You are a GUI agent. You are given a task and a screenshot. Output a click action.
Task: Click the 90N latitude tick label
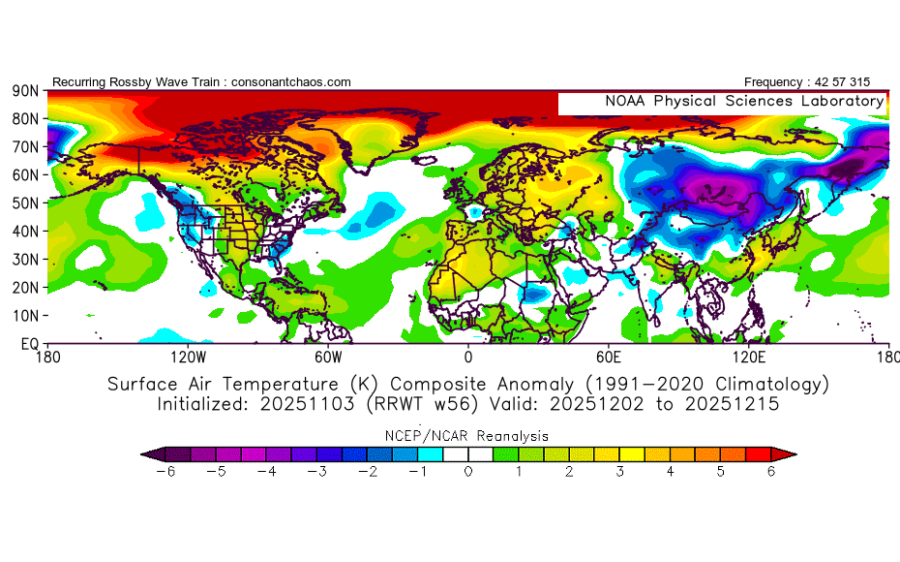coord(26,90)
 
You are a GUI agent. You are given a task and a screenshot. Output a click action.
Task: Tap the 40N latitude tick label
coord(26,231)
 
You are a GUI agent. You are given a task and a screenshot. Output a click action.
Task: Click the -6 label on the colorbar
coord(163,472)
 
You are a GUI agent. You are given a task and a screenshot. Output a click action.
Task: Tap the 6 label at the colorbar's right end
coord(772,472)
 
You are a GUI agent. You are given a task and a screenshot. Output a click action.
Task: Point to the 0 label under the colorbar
coord(468,472)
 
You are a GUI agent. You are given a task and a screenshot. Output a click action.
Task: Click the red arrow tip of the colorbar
coord(789,453)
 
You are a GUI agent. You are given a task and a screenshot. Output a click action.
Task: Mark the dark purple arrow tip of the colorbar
coord(148,453)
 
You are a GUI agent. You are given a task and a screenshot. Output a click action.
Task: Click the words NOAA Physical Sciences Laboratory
coord(743,101)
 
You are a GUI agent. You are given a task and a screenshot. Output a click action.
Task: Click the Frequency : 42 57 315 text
coord(807,82)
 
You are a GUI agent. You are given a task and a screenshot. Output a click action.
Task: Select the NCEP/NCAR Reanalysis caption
coord(468,435)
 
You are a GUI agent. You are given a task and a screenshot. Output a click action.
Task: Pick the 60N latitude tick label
coord(26,174)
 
